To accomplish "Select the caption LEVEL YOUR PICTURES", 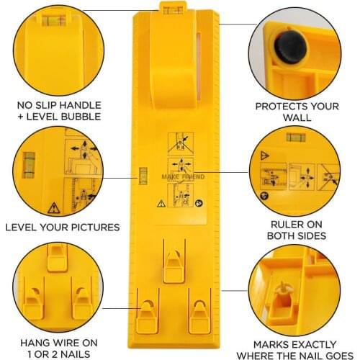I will pos(62,228).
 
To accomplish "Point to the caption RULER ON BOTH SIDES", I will pos(296,229).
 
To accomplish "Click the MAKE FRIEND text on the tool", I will pos(183,176).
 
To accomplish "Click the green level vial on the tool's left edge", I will pos(142,174).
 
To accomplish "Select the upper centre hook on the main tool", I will pos(173,263).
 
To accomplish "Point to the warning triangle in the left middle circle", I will pos(53,209).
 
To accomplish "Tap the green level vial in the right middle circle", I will pos(292,136).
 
